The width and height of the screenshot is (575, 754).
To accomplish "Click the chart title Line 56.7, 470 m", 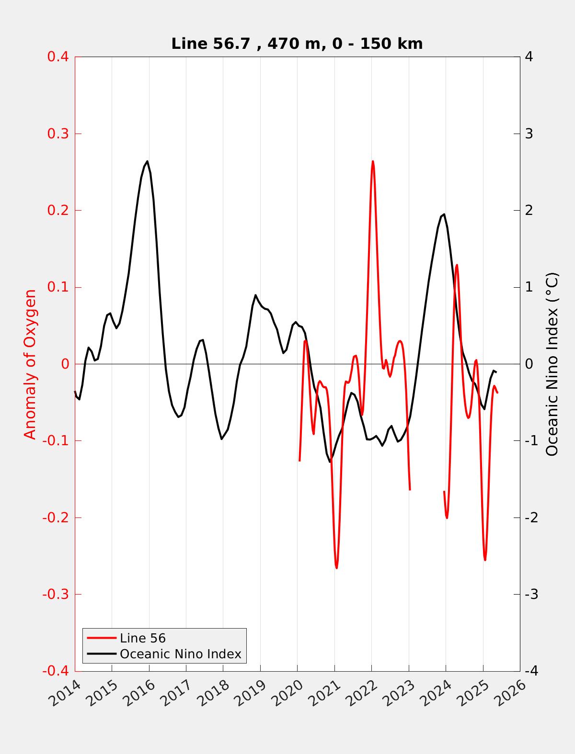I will click(x=297, y=44).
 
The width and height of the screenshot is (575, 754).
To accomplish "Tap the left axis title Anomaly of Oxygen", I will click(x=30, y=364).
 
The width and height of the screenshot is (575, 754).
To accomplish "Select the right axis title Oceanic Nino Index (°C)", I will click(x=552, y=364).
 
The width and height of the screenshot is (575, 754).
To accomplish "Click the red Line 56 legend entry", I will click(x=142, y=638).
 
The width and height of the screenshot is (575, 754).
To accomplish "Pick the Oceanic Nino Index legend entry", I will click(x=180, y=654).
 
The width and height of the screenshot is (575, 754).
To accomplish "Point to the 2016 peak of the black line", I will click(x=147, y=161).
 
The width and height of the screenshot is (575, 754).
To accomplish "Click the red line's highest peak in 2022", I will click(x=373, y=161).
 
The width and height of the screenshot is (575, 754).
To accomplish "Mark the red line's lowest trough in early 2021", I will click(x=337, y=568).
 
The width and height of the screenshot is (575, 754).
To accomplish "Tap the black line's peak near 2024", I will click(x=444, y=214).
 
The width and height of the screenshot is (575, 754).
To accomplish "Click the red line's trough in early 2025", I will click(x=485, y=560).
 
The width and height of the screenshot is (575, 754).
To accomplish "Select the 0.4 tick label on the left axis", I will click(x=57, y=56).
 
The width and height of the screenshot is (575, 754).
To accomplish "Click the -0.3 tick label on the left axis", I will click(x=56, y=595).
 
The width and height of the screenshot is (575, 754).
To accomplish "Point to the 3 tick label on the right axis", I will click(x=529, y=134).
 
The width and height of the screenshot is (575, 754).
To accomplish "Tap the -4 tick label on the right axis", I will click(x=531, y=671).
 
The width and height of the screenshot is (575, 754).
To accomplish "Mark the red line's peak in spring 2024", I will click(x=457, y=265).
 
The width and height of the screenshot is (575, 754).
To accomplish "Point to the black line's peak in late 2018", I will click(x=255, y=295).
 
